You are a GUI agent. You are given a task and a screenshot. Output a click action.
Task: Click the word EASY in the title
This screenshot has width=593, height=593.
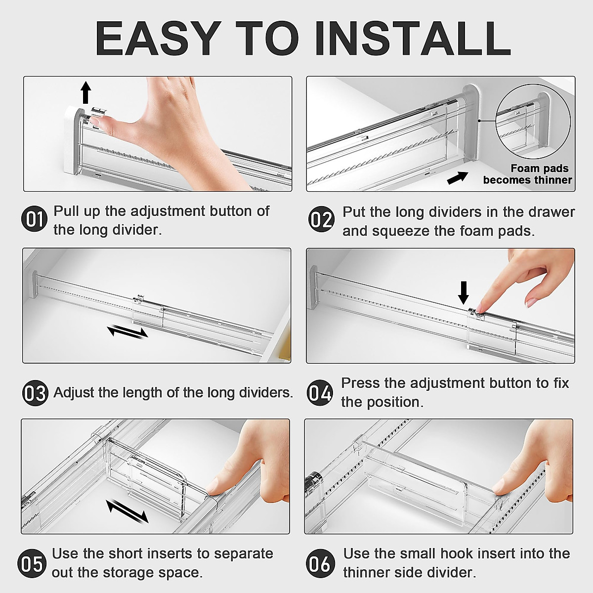pyautogui.click(x=157, y=39)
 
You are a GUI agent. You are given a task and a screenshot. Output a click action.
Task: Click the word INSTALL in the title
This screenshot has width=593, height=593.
pyautogui.click(x=412, y=39)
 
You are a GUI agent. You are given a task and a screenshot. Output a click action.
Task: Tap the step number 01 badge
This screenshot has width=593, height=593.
pyautogui.click(x=34, y=219)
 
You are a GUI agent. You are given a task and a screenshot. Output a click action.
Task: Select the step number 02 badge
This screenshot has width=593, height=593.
pyautogui.click(x=321, y=219)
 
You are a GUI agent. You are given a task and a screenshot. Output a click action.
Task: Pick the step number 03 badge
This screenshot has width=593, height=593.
pyautogui.click(x=35, y=393)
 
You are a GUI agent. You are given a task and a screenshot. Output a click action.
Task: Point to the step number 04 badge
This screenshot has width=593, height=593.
pyautogui.click(x=320, y=393)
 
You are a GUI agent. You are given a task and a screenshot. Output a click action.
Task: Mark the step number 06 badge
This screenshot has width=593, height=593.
pyautogui.click(x=319, y=563)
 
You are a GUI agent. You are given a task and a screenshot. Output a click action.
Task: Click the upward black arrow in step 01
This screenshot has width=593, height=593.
pyautogui.click(x=86, y=92)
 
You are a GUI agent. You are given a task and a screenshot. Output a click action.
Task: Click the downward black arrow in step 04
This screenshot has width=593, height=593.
pyautogui.click(x=463, y=293)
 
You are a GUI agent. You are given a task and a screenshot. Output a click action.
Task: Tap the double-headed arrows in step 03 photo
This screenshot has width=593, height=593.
pyautogui.click(x=127, y=331)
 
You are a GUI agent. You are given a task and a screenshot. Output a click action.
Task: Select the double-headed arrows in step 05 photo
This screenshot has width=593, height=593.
pyautogui.click(x=127, y=511)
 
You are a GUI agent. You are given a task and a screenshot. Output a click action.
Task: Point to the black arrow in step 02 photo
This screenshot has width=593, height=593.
pyautogui.click(x=457, y=177)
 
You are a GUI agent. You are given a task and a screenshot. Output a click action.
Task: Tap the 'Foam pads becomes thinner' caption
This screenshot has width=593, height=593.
pyautogui.click(x=528, y=174)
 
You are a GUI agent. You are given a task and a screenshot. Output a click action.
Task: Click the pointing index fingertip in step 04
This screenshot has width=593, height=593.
pyautogui.click(x=482, y=307)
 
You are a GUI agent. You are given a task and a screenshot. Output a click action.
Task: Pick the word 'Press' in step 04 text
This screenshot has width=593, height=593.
pyautogui.click(x=361, y=383)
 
